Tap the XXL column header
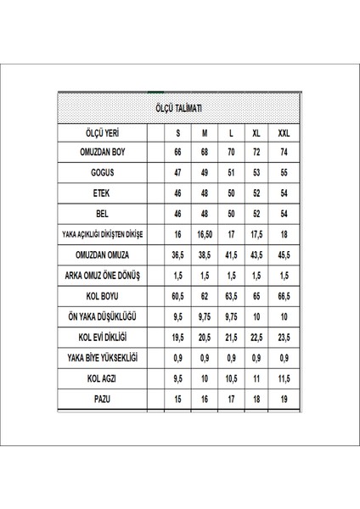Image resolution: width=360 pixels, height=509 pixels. (x=283, y=134)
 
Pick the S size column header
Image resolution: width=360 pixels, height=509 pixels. (x=178, y=134)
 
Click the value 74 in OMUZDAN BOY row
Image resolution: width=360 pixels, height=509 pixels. (x=283, y=154)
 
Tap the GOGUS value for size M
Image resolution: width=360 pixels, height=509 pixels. (x=204, y=174)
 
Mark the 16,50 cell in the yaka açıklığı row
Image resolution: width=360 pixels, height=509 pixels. (x=204, y=233)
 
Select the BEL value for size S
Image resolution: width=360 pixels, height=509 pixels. (x=178, y=213)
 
